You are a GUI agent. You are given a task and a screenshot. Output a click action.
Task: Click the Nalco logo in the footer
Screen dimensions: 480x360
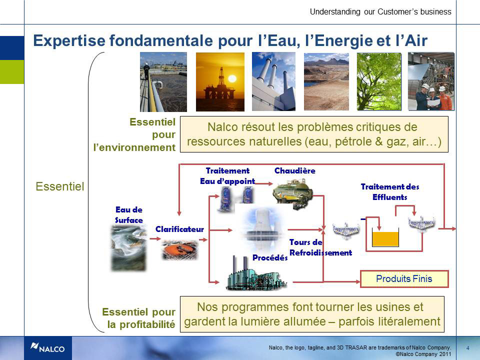point(48,348)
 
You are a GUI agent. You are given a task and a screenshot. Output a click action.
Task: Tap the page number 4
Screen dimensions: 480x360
point(467,348)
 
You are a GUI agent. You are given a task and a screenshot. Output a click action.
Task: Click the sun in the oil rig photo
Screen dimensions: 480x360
point(232,78)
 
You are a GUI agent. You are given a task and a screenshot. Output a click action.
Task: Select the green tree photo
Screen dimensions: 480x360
point(379,81)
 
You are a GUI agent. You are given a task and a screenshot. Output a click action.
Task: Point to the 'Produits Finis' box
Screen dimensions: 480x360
point(404,279)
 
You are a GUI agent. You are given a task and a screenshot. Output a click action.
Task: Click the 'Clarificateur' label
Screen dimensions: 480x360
point(179,229)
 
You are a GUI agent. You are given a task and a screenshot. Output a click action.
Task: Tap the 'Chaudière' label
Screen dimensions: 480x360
point(295,170)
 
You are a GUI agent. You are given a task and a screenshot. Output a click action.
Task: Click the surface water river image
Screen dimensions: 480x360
point(129,248)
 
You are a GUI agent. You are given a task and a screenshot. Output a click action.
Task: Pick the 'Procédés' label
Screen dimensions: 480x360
point(270,258)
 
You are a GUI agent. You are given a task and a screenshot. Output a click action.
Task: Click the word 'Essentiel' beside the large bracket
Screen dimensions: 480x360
point(59,186)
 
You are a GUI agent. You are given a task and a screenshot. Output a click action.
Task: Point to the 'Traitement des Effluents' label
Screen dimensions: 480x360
point(389,192)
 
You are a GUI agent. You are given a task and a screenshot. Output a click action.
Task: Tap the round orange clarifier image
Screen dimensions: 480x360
point(180,250)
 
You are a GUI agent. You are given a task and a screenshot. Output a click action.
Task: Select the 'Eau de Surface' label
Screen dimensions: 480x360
point(129,215)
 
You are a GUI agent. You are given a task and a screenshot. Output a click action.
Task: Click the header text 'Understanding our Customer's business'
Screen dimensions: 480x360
point(380,11)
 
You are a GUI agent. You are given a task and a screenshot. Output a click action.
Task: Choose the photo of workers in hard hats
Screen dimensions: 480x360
point(431,81)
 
